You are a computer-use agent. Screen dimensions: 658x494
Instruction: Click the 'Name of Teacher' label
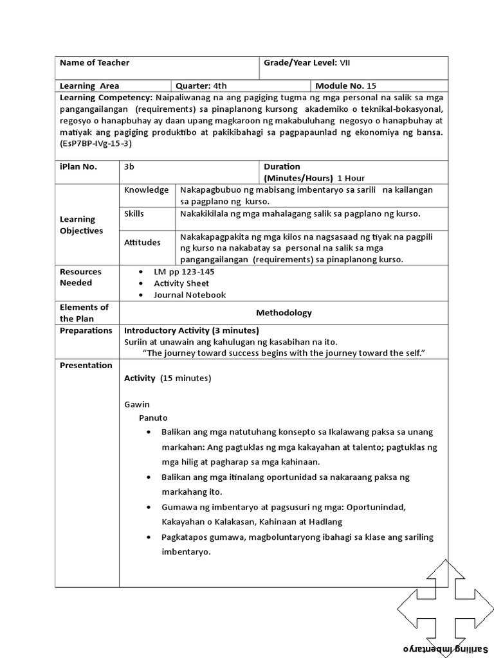click(95, 62)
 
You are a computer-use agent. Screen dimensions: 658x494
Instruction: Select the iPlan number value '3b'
click(129, 166)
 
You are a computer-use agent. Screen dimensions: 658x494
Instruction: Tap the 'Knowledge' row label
click(147, 190)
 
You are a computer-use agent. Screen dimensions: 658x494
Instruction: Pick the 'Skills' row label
click(134, 213)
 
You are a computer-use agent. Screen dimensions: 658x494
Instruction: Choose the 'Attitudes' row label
click(142, 242)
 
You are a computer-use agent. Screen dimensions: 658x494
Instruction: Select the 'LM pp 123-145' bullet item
click(184, 272)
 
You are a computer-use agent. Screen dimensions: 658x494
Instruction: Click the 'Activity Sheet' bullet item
click(181, 283)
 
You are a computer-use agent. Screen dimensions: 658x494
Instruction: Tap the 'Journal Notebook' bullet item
click(190, 295)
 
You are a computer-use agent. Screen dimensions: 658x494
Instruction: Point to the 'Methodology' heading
click(284, 313)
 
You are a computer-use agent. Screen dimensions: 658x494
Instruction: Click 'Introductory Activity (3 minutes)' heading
click(191, 330)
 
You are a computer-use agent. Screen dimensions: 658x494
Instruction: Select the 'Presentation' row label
click(86, 365)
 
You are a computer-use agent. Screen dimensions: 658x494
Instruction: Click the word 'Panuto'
click(153, 418)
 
